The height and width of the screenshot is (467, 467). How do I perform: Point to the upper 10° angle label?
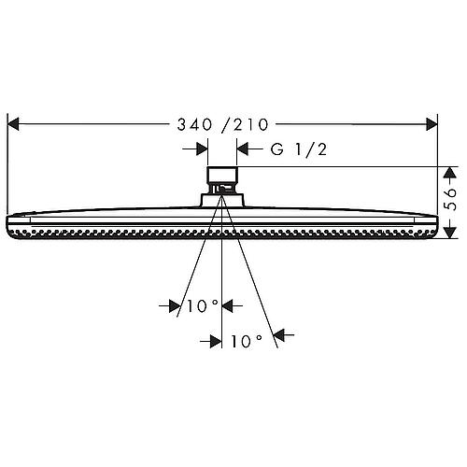pyautogui.click(x=200, y=306)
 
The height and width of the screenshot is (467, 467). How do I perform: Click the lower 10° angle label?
pyautogui.click(x=246, y=342)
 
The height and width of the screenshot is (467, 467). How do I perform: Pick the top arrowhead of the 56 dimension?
pyautogui.click(x=450, y=173)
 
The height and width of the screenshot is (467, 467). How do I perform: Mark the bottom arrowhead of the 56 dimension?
pyautogui.click(x=450, y=229)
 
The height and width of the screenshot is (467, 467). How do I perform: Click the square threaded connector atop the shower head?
pyautogui.click(x=221, y=177)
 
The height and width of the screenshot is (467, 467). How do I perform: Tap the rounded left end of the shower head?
pyautogui.click(x=10, y=225)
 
